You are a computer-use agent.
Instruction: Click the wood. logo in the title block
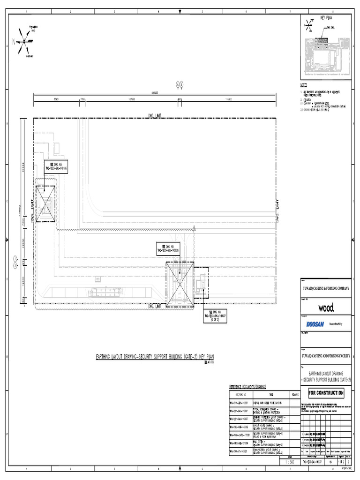pos(326,308)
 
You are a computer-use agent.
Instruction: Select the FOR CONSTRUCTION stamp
pos(326,393)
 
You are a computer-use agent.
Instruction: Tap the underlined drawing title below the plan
pos(154,357)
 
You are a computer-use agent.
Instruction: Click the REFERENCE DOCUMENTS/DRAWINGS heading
pos(247,386)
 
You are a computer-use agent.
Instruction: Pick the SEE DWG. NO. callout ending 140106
pos(56,167)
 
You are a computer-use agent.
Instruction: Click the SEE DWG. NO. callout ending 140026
pos(167,249)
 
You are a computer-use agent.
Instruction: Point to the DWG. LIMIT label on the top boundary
pos(154,115)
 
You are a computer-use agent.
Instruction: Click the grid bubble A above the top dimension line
pos(178,84)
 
